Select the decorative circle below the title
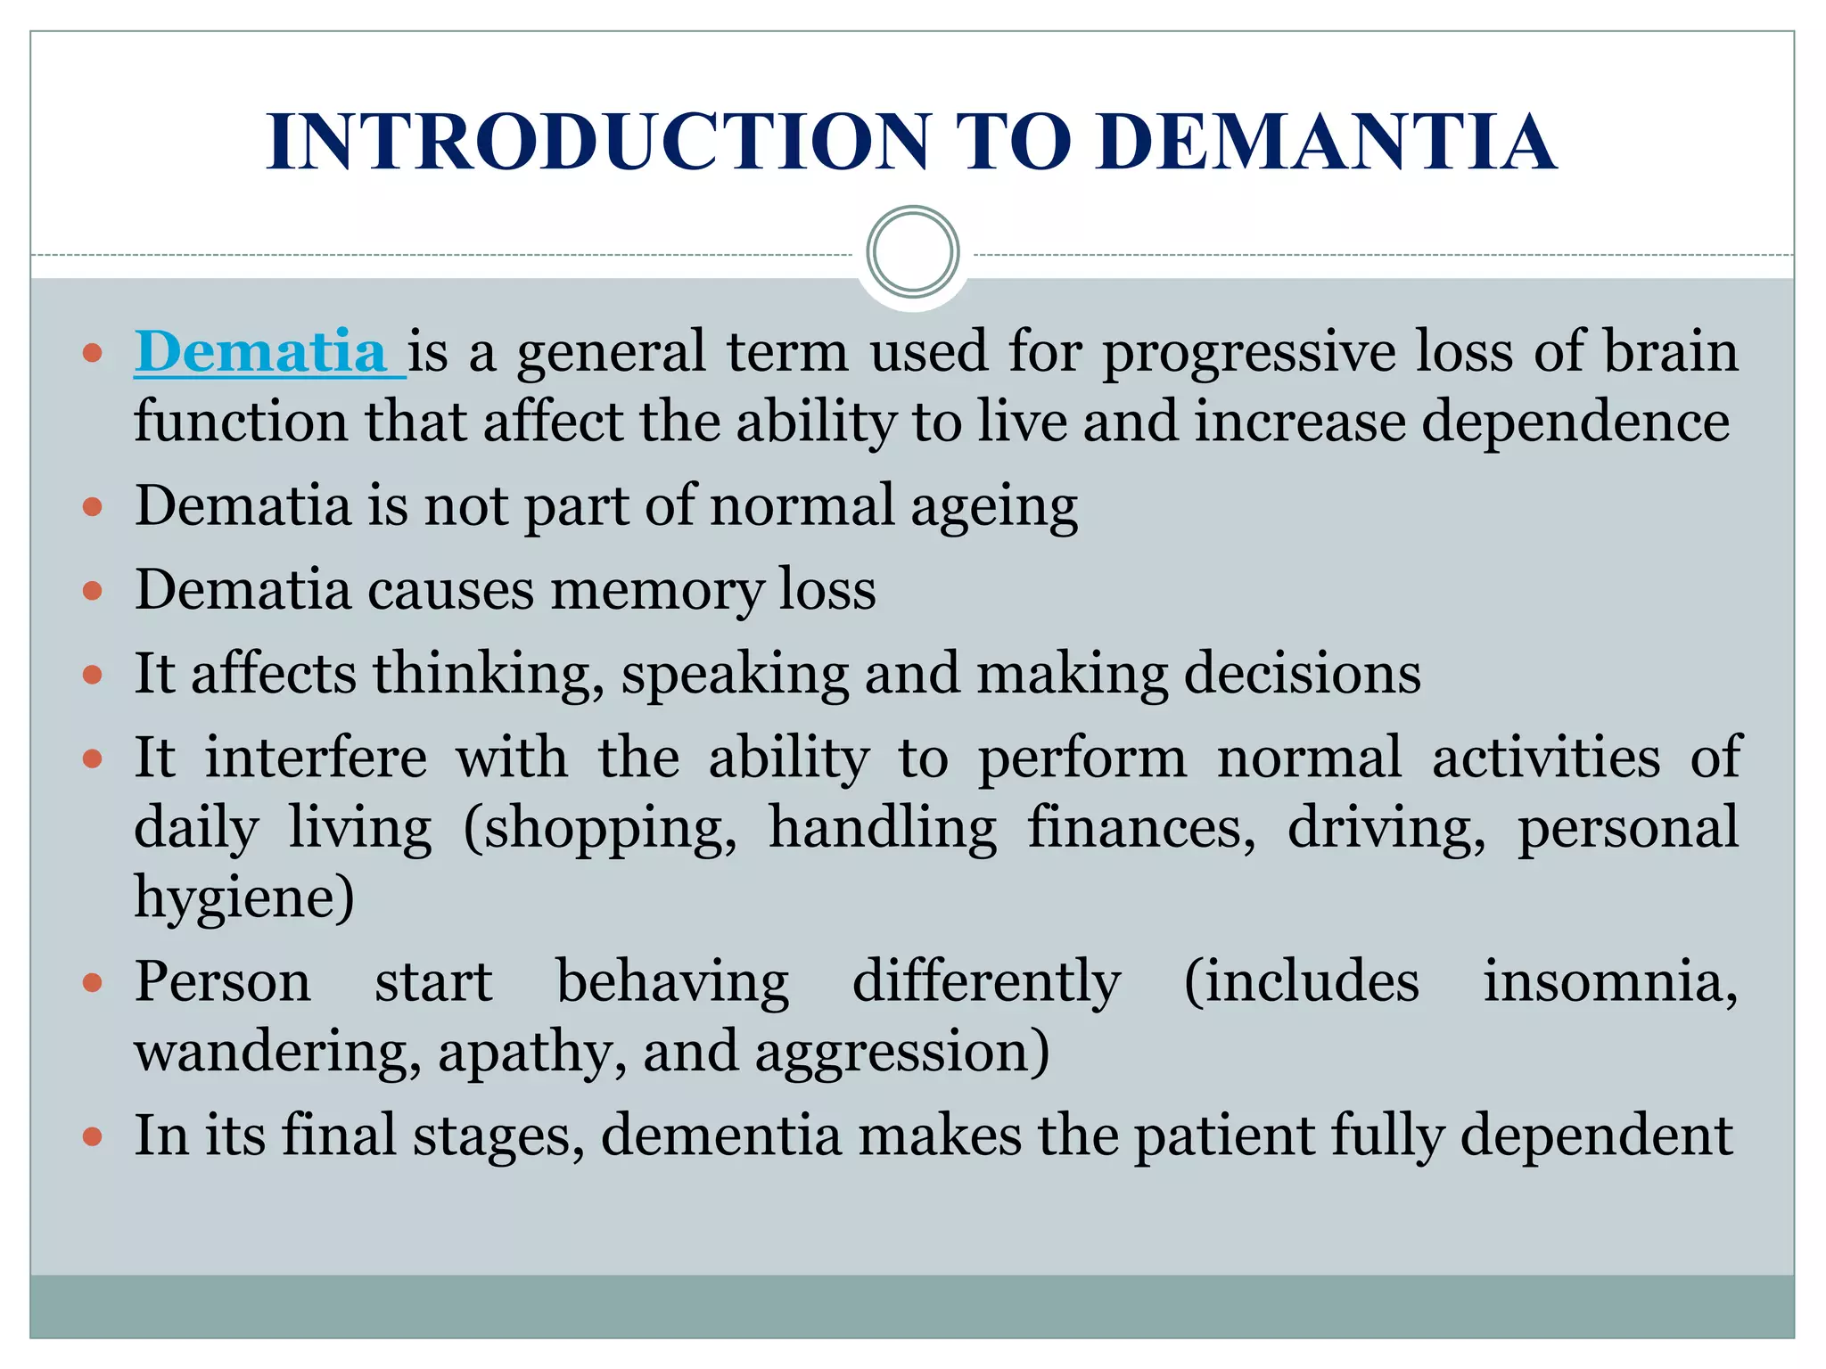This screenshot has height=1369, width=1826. click(x=912, y=252)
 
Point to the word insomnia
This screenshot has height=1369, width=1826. click(x=1610, y=982)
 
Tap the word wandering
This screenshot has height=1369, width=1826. click(x=277, y=1052)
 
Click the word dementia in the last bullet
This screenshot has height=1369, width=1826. click(x=721, y=1135)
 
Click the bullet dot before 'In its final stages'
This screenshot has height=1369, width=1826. click(x=93, y=1137)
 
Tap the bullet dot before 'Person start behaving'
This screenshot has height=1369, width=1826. click(x=93, y=983)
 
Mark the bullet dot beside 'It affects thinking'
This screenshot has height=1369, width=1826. click(x=93, y=675)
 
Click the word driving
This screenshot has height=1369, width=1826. click(x=1386, y=829)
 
